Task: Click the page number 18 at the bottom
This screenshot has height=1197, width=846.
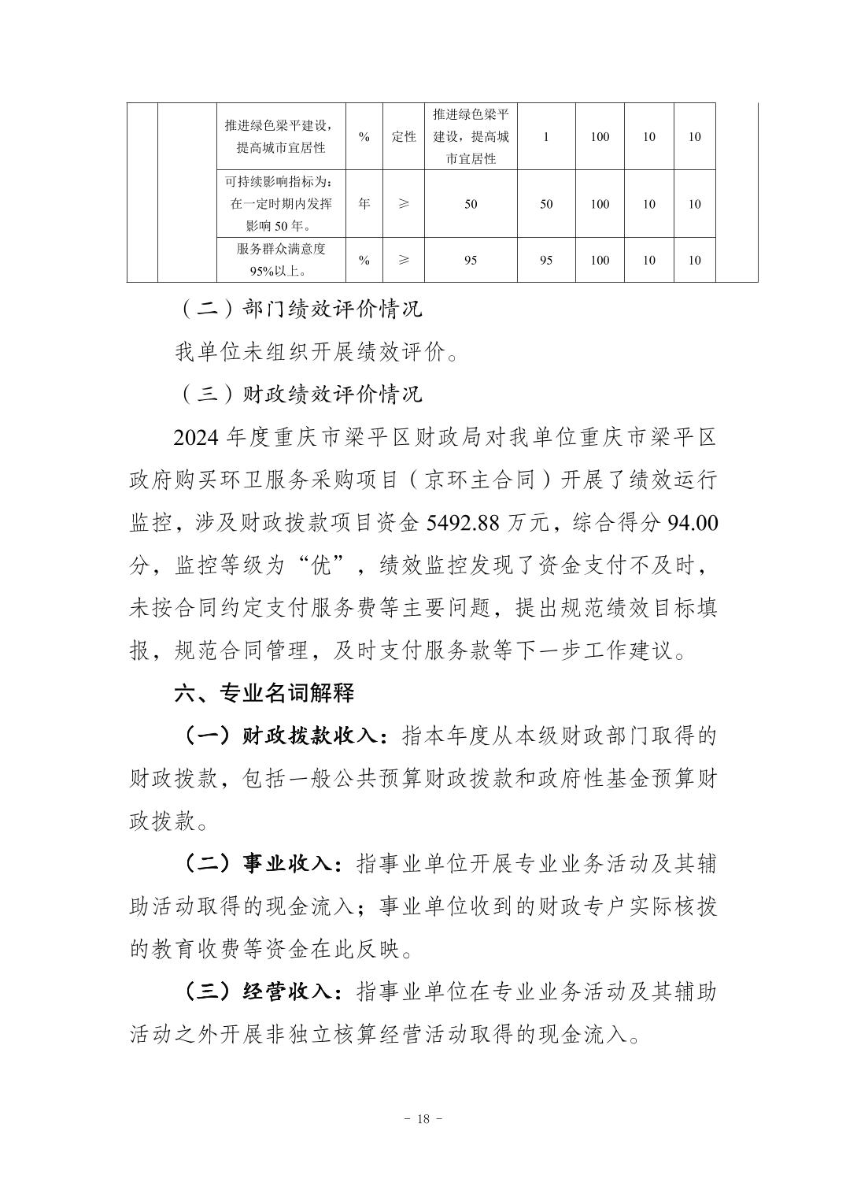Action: pos(423,1119)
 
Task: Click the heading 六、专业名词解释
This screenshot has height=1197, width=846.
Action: pos(264,693)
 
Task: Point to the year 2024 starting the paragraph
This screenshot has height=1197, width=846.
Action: pos(195,436)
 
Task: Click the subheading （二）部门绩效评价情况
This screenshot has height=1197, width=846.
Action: pos(298,308)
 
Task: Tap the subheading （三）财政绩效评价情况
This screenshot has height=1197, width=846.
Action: pos(298,394)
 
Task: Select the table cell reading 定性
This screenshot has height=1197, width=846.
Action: pos(404,136)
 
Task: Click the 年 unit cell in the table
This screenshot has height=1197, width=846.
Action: pos(364,204)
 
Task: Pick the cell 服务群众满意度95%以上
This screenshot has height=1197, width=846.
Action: pos(281,260)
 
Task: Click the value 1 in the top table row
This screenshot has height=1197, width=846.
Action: pos(546,136)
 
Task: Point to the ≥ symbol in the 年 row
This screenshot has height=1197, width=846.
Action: pos(404,204)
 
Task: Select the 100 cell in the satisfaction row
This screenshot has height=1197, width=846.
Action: pos(600,260)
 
